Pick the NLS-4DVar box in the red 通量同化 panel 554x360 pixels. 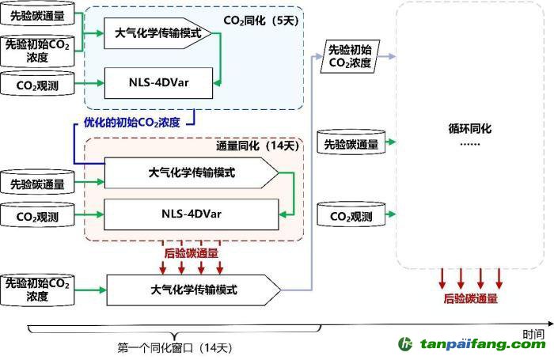point(191,213)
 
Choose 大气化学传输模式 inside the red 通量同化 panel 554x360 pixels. point(191,172)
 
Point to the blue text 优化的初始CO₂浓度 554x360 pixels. point(132,123)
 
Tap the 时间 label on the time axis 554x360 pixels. point(533,334)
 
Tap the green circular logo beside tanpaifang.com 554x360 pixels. point(406,344)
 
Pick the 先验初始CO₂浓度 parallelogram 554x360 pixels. point(349,57)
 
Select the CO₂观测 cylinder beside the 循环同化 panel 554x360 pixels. point(349,215)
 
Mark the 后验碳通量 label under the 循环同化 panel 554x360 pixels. point(471,298)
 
